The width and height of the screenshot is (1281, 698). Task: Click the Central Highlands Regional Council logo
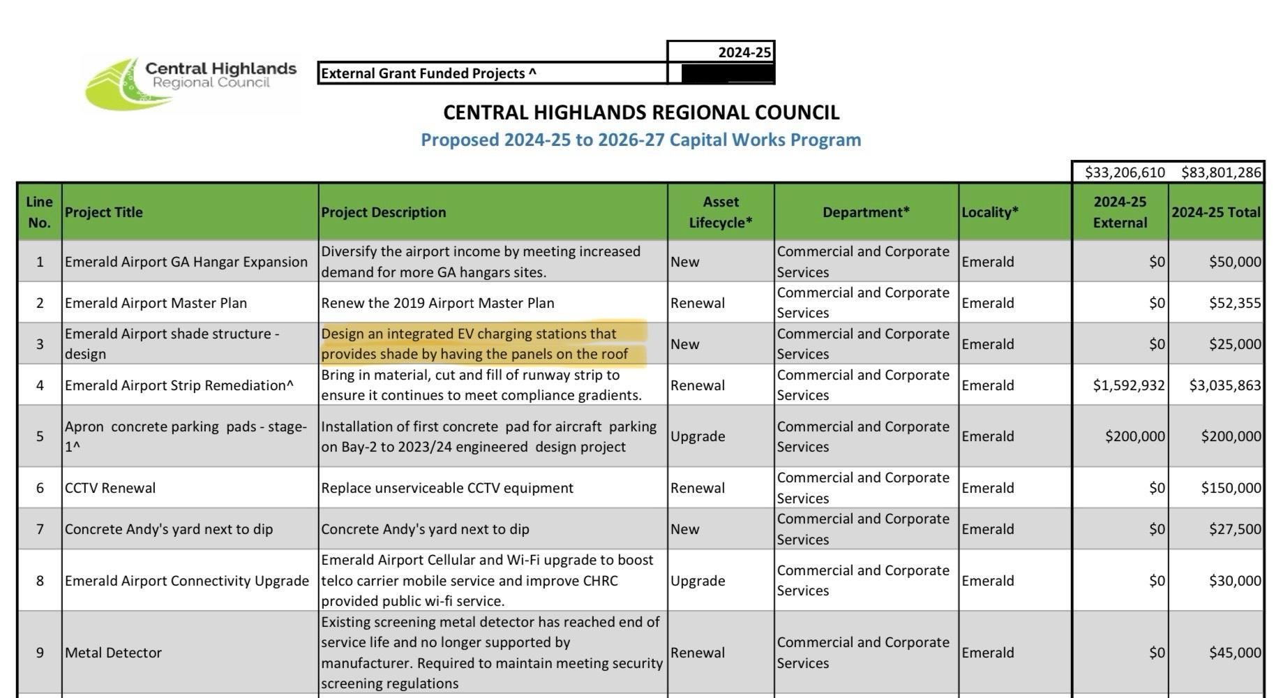click(190, 84)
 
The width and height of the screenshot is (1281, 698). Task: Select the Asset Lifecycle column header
click(720, 212)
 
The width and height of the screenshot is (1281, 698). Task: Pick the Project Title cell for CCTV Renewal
click(110, 488)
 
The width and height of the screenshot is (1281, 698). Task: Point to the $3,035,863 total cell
click(1224, 385)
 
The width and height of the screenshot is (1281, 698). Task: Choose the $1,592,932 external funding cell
click(1128, 385)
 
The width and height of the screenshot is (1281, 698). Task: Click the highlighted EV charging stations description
click(474, 344)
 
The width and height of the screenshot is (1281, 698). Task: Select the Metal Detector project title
click(113, 653)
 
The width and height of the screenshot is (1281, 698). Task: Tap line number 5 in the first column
click(40, 436)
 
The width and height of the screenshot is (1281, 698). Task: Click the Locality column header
click(989, 212)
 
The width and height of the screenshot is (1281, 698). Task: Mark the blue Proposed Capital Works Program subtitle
click(640, 140)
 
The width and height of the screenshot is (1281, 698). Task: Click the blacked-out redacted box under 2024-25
click(726, 73)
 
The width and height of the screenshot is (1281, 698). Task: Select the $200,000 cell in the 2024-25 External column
click(1134, 436)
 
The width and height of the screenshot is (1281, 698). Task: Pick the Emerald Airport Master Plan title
click(156, 303)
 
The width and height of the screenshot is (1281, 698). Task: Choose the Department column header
click(865, 212)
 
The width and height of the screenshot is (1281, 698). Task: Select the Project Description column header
click(383, 212)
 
